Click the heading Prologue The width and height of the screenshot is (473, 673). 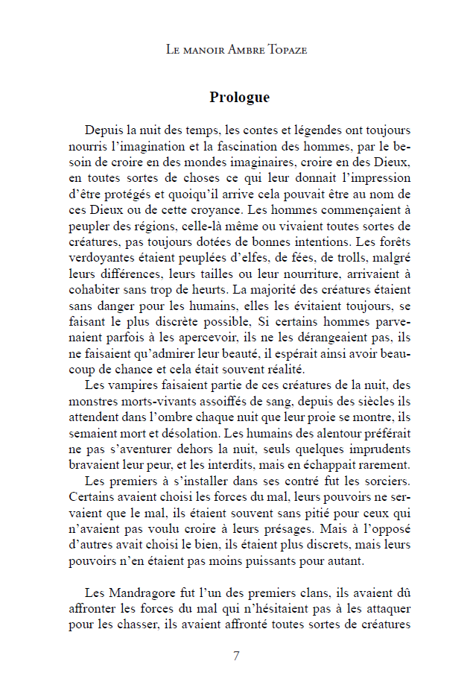[x=239, y=98]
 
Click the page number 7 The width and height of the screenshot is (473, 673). [x=236, y=656]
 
